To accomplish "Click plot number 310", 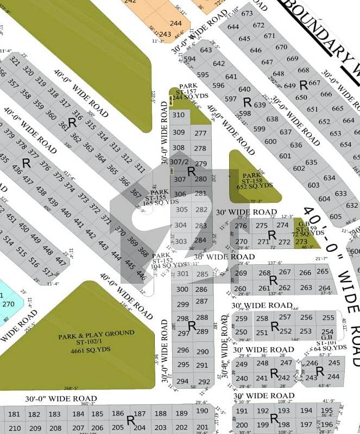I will coord(178,115).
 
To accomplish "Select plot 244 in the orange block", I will coord(175,23).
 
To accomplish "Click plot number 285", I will coord(202,275).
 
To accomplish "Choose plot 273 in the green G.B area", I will coord(301,241).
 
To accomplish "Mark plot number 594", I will coord(190,59).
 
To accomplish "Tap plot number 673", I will coord(247,14).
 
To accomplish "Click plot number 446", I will coord(141,276).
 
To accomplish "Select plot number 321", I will coord(15,62).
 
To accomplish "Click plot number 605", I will coord(336,216).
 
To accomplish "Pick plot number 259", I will coord(242,318).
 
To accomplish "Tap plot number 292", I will coord(203,381).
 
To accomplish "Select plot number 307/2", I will coord(179,162).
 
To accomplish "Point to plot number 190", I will coord(202,411).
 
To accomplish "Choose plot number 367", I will coord(136,193).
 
